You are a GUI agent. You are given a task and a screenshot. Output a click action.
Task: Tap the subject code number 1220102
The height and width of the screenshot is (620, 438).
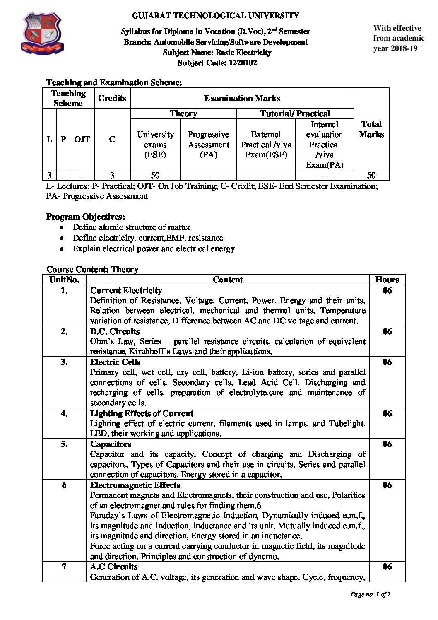242,63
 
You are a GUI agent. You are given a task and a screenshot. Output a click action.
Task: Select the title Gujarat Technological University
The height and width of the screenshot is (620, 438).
215,16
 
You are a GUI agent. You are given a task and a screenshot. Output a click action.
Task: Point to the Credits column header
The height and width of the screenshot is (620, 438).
112,98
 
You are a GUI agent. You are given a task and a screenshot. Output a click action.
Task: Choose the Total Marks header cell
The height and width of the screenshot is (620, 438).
371,129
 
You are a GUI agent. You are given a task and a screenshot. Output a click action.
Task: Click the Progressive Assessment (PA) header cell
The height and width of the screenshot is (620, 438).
208,145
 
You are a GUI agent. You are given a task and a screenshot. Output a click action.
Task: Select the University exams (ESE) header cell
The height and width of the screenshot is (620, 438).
155,145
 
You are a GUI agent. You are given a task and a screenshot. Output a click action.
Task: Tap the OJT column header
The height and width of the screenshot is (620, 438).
82,139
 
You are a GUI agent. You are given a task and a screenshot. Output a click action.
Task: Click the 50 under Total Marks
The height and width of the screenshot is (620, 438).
371,175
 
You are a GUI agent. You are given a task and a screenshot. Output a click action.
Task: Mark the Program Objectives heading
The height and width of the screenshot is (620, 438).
85,217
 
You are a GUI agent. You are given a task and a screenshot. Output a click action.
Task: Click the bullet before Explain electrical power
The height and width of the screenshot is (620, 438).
62,249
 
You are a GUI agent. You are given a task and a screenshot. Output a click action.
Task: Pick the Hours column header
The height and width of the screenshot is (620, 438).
387,280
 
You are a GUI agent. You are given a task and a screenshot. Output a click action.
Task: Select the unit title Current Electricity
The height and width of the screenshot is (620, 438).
126,290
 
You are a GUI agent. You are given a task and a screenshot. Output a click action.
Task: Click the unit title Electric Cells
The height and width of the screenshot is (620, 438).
115,362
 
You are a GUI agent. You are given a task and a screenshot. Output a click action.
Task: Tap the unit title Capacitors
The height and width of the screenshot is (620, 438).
111,444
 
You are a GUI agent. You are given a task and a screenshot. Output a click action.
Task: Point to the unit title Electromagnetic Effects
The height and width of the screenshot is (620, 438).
135,485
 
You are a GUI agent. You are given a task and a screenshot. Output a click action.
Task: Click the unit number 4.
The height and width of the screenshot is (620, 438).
64,413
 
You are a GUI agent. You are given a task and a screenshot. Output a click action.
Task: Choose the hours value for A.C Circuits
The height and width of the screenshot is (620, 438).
387,567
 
